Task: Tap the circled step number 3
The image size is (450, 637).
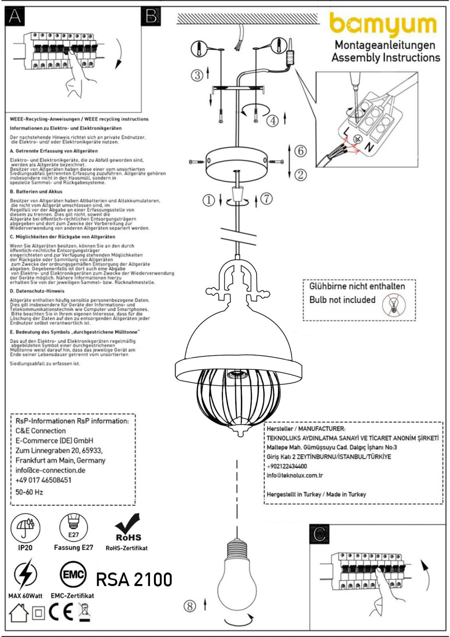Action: (197, 75)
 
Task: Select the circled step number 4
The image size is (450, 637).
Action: (273, 120)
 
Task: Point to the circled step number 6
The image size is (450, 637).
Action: (300, 151)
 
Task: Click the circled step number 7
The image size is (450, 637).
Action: (266, 198)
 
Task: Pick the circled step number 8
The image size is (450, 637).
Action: (190, 606)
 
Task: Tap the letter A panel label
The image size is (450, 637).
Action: (16, 16)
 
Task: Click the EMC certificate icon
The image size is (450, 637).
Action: (73, 574)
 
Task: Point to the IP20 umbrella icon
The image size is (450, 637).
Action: (25, 528)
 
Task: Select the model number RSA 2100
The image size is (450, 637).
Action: (134, 579)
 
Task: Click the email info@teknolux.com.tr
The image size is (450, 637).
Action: (295, 475)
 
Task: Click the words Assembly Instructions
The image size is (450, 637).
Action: (386, 57)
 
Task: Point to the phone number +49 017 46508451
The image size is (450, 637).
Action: (43, 480)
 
